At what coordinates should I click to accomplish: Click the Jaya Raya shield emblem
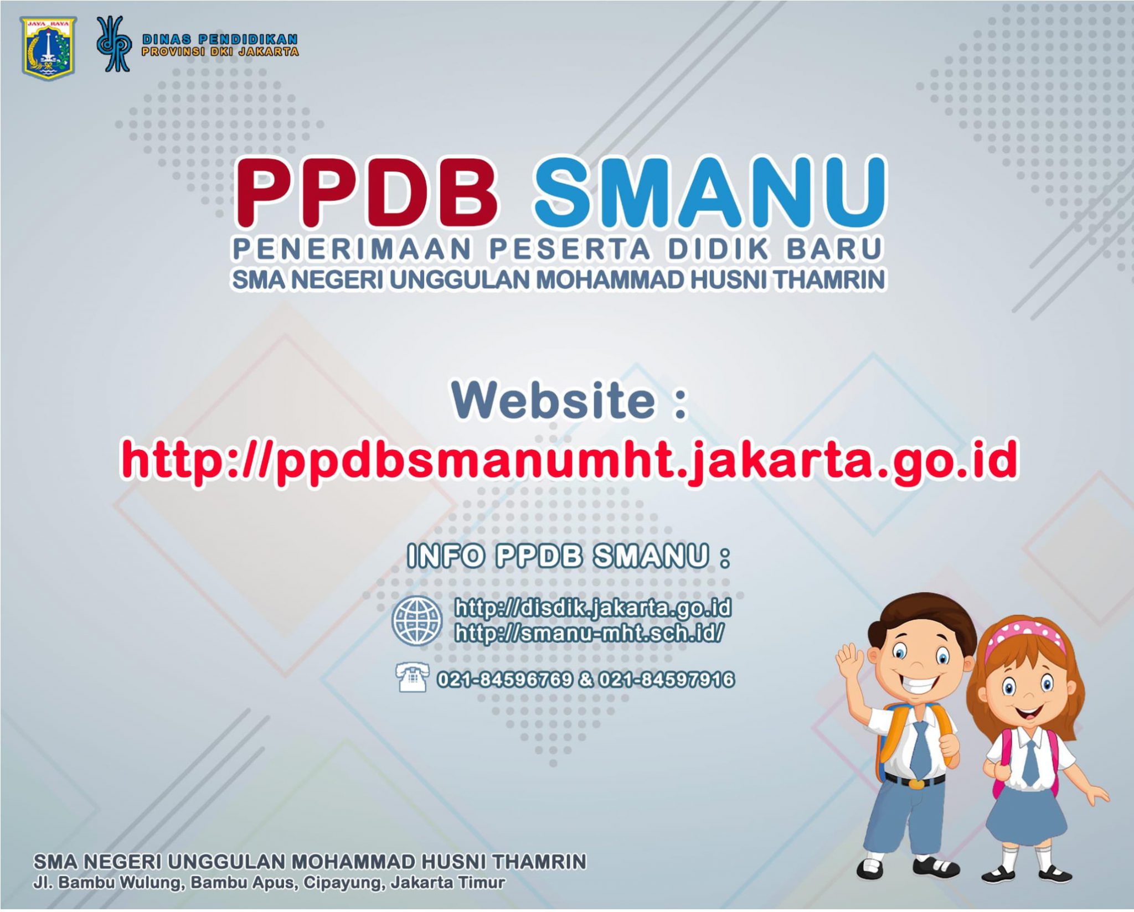(48, 48)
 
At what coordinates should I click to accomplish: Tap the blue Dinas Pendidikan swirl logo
(114, 44)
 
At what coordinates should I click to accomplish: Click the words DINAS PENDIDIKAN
(220, 39)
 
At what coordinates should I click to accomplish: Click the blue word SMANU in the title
(709, 191)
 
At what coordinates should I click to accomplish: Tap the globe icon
(417, 620)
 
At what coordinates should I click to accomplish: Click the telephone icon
(413, 677)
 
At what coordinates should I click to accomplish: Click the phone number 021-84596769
(504, 679)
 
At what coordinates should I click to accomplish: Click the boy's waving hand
(850, 662)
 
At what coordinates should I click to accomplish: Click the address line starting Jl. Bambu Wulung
(269, 882)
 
